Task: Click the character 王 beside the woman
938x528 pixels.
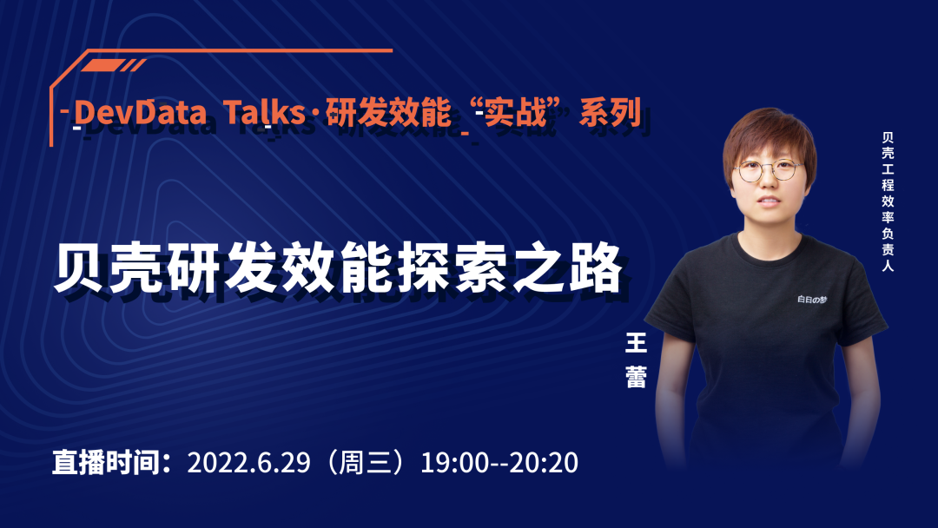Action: click(x=637, y=344)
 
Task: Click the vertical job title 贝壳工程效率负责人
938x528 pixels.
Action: click(x=887, y=201)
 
